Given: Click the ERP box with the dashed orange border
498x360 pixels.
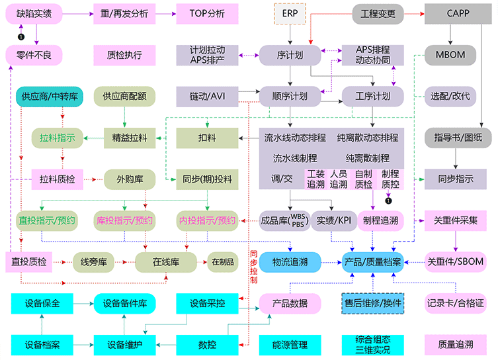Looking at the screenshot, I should tap(290, 13).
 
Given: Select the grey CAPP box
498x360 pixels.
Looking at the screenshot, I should tap(458, 13).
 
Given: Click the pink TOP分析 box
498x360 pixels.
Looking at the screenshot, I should tap(206, 13).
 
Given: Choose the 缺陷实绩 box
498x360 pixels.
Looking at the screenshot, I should tap(34, 13).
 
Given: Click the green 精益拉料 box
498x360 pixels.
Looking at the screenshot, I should tap(125, 138).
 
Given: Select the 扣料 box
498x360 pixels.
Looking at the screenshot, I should tap(206, 138).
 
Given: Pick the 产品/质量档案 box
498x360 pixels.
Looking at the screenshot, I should tap(372, 262).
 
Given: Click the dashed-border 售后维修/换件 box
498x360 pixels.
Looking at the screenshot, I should tap(372, 304).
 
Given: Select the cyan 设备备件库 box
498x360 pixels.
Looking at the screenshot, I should tap(125, 304).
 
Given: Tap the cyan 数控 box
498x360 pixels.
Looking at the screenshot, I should tap(206, 345).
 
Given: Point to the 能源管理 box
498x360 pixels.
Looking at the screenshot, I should tap(289, 345).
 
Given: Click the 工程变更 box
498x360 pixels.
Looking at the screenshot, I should tap(372, 13).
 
